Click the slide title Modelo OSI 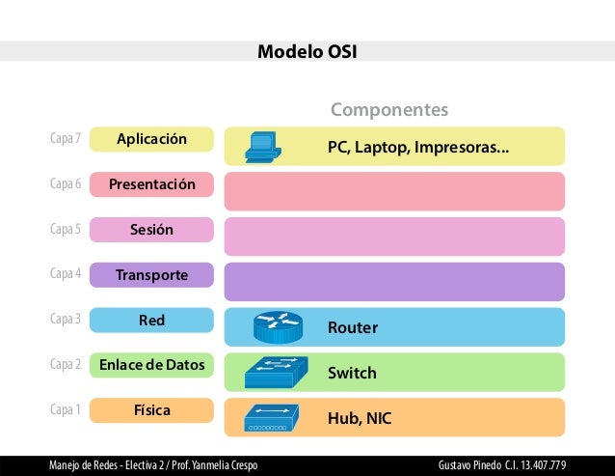point(307,51)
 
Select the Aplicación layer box point(151,140)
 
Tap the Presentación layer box point(151,184)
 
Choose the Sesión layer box point(151,230)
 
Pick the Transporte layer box point(151,275)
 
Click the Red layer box point(151,320)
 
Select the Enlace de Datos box point(151,365)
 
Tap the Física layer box point(151,410)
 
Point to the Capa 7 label point(65,140)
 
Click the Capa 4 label point(65,274)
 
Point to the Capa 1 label point(65,410)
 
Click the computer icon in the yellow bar point(262,145)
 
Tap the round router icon point(279,327)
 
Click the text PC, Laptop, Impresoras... point(417,148)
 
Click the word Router point(353,328)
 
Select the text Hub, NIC point(360,418)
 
